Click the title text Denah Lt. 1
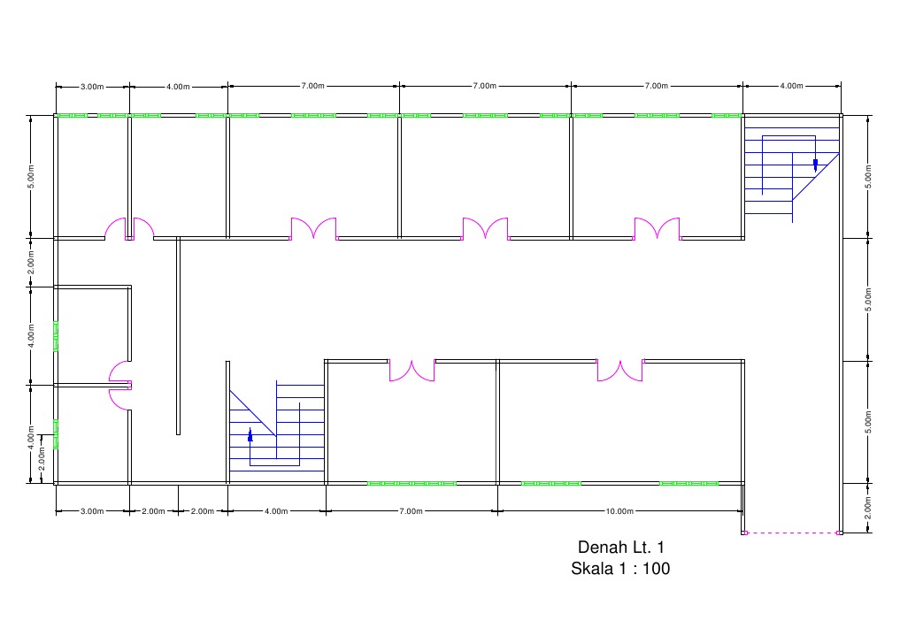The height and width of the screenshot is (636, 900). [620, 548]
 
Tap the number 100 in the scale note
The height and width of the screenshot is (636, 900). [656, 568]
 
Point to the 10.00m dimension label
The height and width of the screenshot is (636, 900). [619, 511]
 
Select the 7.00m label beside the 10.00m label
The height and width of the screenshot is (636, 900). [411, 511]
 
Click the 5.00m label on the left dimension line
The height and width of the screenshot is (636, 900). [31, 177]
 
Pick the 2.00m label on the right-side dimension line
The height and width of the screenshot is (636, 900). [868, 508]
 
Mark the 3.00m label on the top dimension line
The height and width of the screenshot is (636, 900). [92, 87]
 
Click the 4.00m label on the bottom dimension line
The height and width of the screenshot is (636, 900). [276, 511]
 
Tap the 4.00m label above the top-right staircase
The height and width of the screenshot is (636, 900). [791, 86]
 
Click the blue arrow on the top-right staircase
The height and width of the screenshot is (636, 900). [815, 165]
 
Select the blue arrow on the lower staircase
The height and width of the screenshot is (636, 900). [250, 435]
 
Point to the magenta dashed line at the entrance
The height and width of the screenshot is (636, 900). [792, 533]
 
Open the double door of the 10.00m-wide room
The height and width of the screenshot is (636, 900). [619, 371]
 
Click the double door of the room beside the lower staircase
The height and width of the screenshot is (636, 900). [412, 371]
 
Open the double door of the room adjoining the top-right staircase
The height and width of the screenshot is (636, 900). [658, 228]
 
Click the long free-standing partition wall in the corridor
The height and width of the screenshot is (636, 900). [179, 335]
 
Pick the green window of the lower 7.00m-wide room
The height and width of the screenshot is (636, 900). [412, 484]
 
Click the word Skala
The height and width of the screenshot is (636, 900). [591, 568]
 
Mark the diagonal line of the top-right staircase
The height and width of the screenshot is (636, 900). [816, 176]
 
